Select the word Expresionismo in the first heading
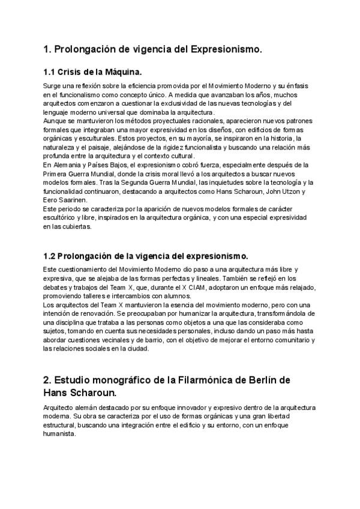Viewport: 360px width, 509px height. (226, 49)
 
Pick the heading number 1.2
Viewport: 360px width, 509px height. (50, 255)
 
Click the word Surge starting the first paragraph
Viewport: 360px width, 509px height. (53, 86)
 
